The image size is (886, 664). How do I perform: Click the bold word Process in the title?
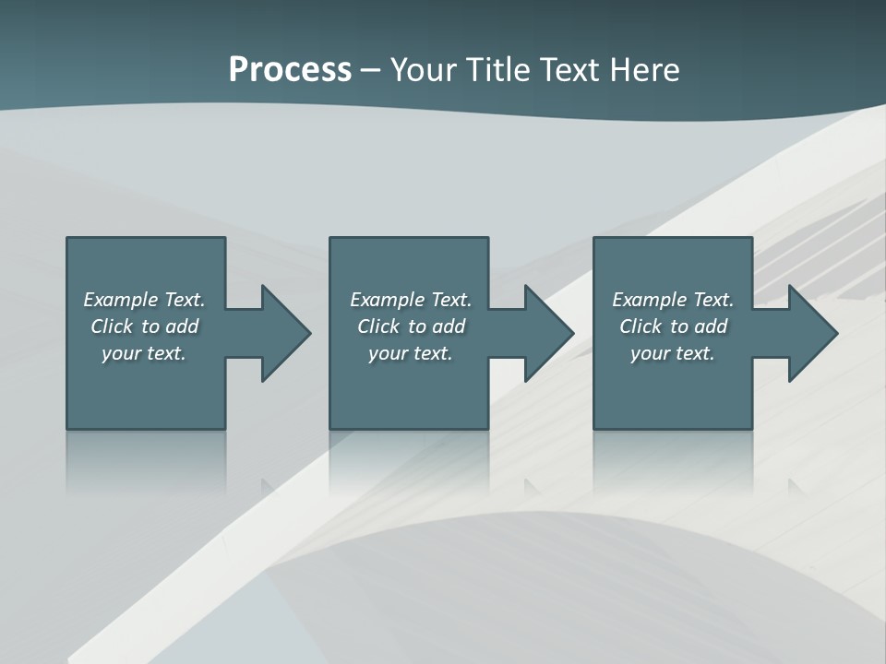(x=290, y=70)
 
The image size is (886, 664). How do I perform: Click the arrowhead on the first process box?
(x=284, y=333)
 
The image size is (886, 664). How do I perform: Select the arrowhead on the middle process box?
(x=547, y=333)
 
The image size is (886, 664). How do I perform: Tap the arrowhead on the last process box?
(x=811, y=333)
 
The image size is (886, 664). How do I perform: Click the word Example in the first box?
(x=120, y=300)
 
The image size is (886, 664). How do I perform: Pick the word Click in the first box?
(x=112, y=326)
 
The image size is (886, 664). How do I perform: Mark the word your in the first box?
(x=120, y=353)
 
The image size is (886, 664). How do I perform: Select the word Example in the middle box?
(x=387, y=300)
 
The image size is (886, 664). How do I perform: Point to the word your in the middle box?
(x=387, y=353)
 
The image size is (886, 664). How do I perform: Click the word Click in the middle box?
(x=378, y=326)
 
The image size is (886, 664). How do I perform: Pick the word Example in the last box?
(x=649, y=300)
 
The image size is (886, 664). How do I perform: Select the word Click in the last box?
(x=641, y=326)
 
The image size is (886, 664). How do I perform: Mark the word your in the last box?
(x=649, y=353)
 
